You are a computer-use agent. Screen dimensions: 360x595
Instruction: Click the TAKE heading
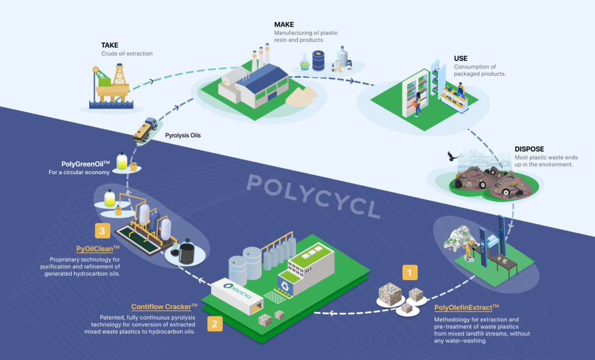[x=110, y=45]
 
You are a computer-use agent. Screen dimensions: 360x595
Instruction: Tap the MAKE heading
[x=284, y=25]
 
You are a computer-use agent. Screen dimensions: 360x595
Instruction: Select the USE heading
[x=461, y=58]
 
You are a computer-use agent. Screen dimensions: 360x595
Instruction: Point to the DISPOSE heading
[x=529, y=149]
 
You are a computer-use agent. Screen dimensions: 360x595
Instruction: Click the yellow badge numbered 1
[x=409, y=272]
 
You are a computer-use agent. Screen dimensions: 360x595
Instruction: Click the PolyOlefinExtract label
[x=466, y=308]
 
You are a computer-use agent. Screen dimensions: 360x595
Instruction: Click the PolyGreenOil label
[x=86, y=164]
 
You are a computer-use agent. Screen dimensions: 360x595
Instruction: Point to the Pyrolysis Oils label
[x=183, y=135]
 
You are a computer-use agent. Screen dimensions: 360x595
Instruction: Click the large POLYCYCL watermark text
[x=314, y=196]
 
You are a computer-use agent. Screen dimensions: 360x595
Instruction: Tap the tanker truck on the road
[x=145, y=130]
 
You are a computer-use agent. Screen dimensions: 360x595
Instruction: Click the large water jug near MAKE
[x=343, y=57]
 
